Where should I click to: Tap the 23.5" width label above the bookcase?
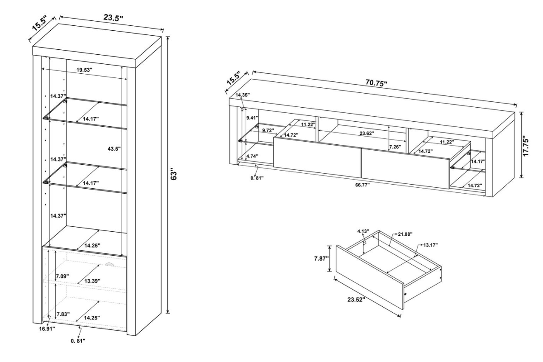coord(113,18)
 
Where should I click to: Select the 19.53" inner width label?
coord(84,70)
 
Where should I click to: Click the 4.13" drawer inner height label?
coord(363,231)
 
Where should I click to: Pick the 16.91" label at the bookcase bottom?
coord(47,329)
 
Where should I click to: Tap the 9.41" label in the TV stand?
coord(252,118)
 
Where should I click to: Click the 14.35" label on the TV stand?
coord(243,95)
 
